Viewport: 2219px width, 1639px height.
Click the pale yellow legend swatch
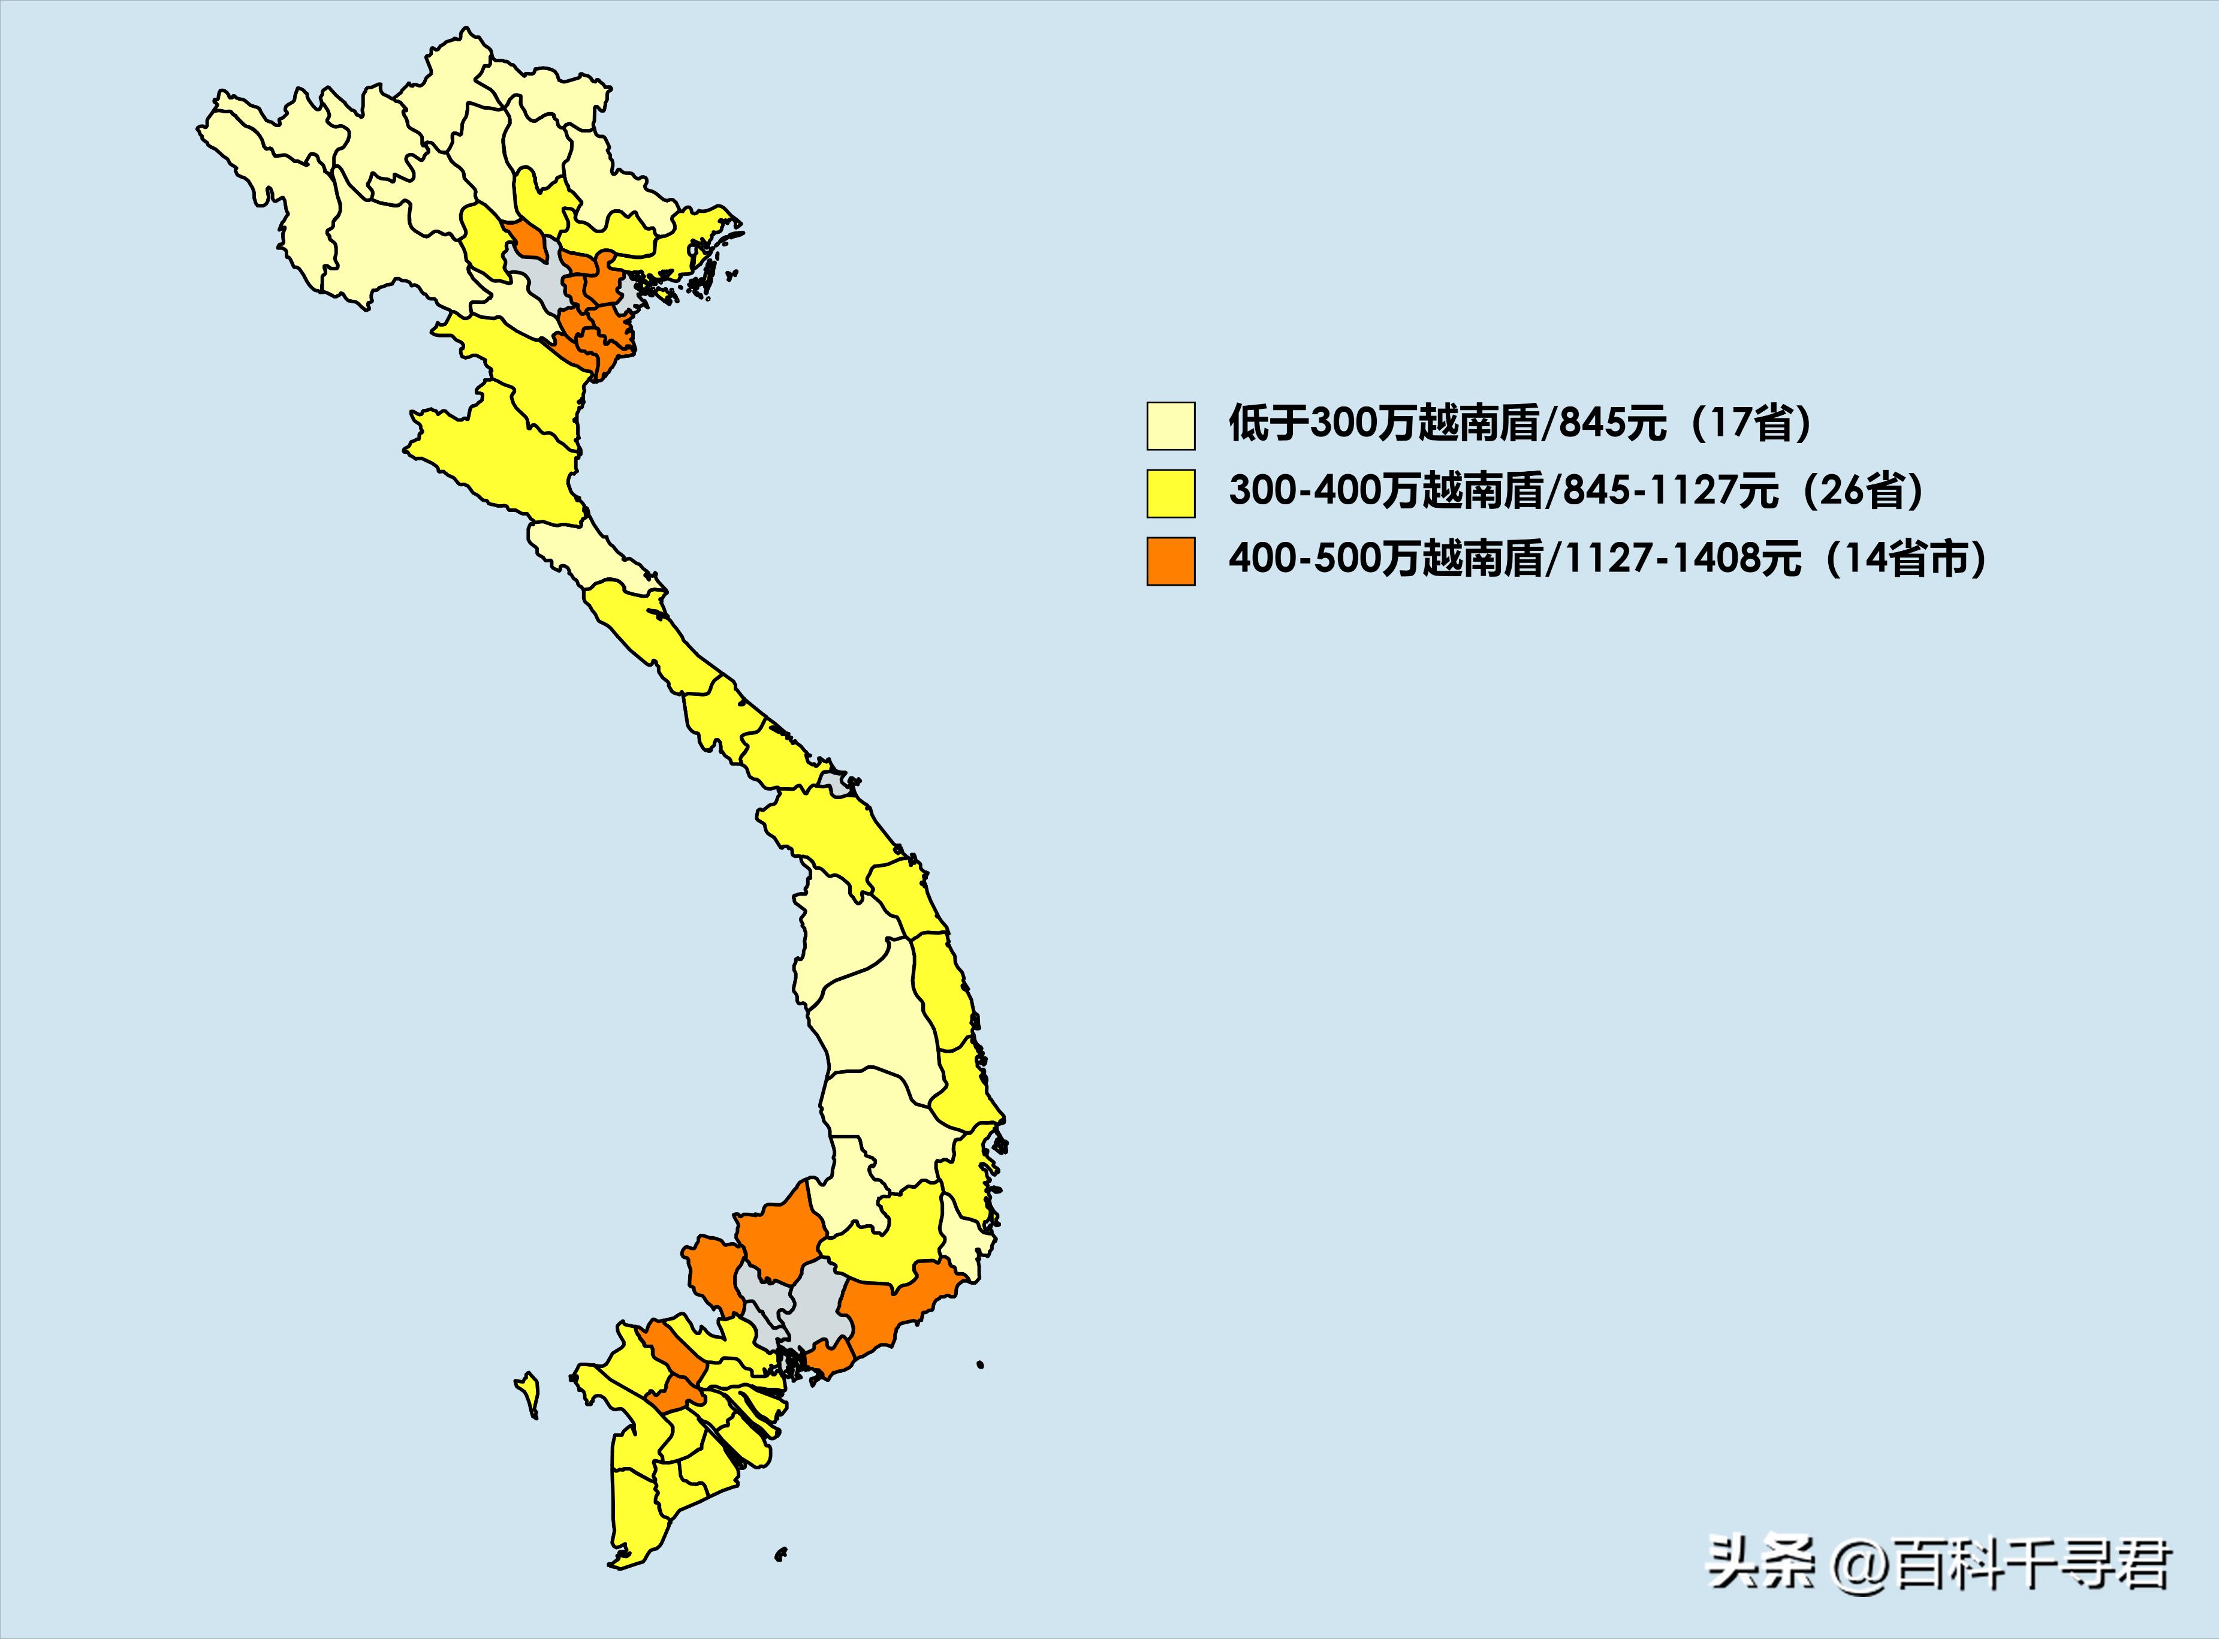click(x=1171, y=426)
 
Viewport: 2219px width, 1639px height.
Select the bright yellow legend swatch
click(x=1171, y=493)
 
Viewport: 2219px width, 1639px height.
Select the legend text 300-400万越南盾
click(x=1387, y=491)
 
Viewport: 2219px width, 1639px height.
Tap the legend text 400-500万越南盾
click(x=1387, y=559)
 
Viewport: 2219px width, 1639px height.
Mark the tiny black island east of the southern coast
click(x=980, y=1364)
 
